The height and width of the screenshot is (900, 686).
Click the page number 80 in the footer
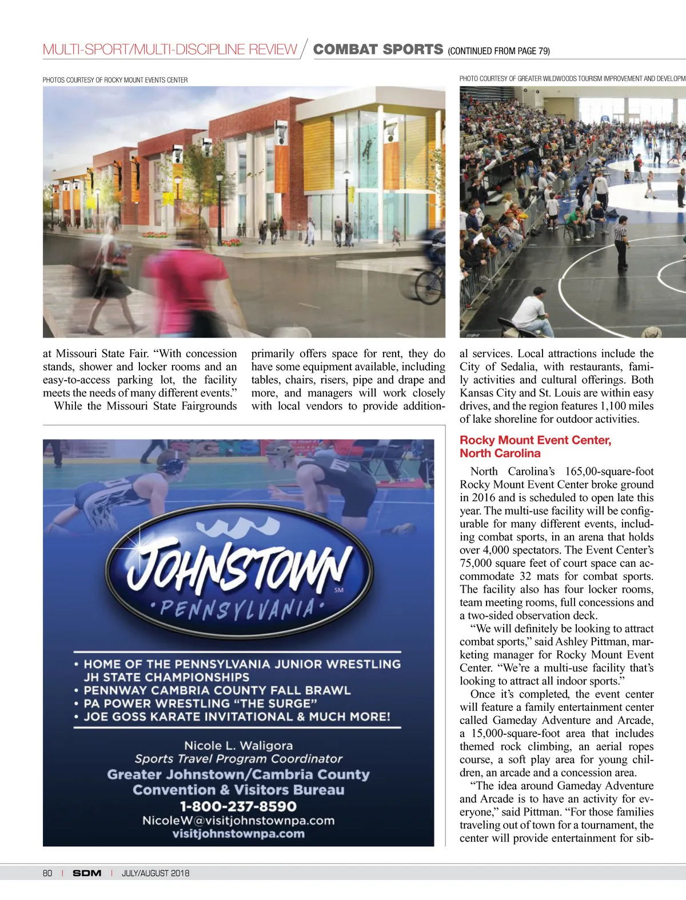click(x=47, y=873)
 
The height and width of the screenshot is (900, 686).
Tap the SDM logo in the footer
click(x=87, y=873)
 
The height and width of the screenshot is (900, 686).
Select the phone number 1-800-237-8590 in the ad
click(x=238, y=806)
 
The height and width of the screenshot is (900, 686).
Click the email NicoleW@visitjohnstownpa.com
click(x=238, y=821)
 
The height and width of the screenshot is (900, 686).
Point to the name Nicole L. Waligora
click(x=238, y=746)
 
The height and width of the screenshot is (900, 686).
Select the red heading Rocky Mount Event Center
click(x=535, y=440)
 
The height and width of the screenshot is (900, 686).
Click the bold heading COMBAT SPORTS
click(x=378, y=49)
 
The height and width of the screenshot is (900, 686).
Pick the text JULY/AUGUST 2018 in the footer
click(x=155, y=873)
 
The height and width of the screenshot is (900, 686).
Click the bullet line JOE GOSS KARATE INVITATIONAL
click(x=237, y=717)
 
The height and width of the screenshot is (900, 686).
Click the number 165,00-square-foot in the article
click(x=609, y=471)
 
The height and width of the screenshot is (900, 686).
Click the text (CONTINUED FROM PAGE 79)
click(x=498, y=51)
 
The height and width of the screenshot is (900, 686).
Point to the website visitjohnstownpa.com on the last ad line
click(x=238, y=834)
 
